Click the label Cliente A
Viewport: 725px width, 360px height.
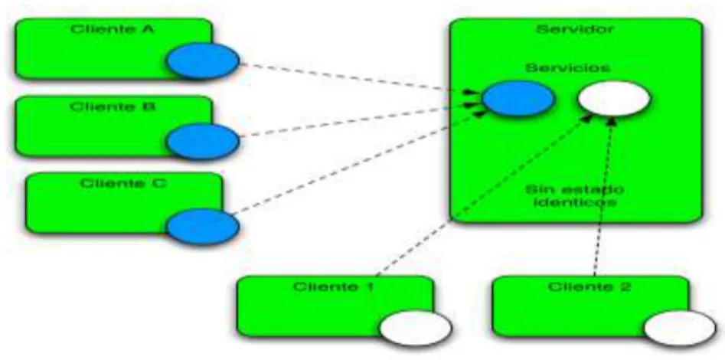[113, 30]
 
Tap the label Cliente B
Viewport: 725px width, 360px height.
[113, 107]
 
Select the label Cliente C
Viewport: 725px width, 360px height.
[123, 184]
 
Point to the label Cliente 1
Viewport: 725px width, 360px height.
[334, 287]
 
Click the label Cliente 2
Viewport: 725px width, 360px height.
[589, 287]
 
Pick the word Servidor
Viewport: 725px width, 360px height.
[575, 29]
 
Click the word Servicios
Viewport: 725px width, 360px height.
[567, 68]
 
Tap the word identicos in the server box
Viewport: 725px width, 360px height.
[575, 202]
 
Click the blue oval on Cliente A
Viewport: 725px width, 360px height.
[203, 61]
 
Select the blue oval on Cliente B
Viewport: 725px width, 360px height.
[203, 142]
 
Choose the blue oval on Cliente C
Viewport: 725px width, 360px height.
[203, 227]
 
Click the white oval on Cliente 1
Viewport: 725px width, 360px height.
[416, 328]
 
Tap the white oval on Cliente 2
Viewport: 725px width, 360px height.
[680, 328]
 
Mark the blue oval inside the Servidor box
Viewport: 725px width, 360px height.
[518, 98]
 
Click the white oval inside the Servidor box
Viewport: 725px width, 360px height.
[614, 98]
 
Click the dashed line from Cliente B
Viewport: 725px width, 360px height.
[357, 120]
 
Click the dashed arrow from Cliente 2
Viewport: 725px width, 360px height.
[603, 196]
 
